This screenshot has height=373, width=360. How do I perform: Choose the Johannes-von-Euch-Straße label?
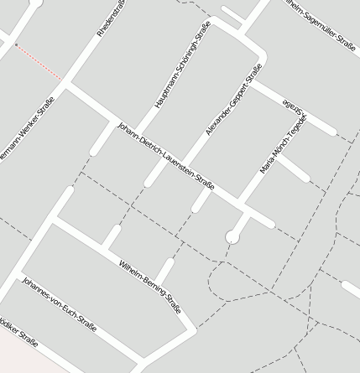coord(59,303)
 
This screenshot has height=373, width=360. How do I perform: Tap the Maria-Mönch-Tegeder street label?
coord(283,145)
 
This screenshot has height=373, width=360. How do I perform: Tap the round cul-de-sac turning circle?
coord(232,237)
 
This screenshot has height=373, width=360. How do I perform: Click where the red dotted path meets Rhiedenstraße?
coord(61,78)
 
